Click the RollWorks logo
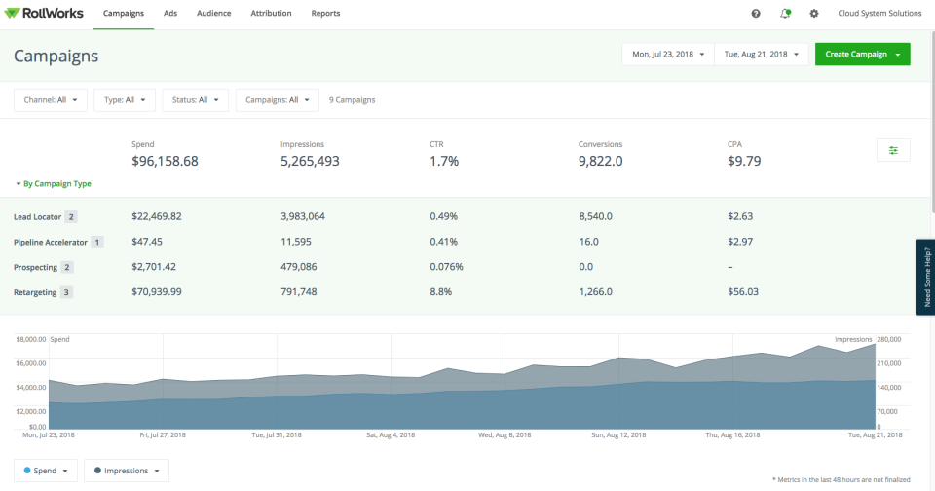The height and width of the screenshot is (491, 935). point(45,14)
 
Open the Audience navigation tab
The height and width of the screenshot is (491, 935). point(213,14)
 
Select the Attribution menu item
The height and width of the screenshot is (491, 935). point(271,14)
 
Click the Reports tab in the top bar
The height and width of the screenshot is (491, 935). point(325,14)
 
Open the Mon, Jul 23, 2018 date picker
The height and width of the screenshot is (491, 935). point(668,55)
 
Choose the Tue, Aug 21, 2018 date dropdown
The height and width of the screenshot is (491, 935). point(762,55)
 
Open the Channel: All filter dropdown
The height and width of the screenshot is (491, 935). point(51,99)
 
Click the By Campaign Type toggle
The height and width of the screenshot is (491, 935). point(54,183)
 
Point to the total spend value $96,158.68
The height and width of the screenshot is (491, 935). point(165,162)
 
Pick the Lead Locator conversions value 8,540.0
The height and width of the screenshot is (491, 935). point(600,216)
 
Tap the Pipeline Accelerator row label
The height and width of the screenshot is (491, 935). point(51,242)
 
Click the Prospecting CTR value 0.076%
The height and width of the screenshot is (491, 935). point(446,266)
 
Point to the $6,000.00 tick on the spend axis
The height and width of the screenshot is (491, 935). point(30,363)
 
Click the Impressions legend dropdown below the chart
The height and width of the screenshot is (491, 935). point(127,471)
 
